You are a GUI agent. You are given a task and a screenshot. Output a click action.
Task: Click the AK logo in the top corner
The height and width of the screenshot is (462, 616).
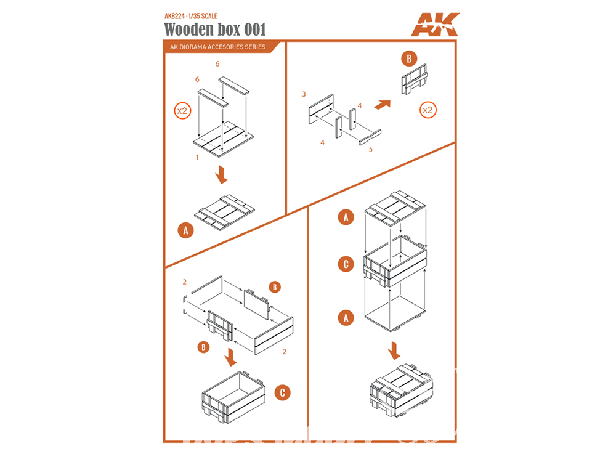click(436, 25)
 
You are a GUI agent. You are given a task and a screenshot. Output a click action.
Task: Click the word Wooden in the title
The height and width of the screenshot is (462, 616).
click(188, 30)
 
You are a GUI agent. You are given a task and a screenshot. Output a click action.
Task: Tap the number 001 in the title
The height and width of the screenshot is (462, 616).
click(255, 30)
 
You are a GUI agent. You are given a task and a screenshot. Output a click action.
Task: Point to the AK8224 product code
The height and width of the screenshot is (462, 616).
click(174, 16)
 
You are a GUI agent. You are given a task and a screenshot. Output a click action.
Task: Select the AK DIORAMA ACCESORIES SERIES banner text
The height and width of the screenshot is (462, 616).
click(217, 47)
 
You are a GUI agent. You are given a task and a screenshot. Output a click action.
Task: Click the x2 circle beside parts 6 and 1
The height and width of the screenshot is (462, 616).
click(182, 111)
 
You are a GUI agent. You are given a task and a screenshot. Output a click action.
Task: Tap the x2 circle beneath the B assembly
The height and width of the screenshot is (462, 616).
click(428, 110)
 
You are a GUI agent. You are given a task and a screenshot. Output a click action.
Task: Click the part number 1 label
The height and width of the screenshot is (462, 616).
click(197, 158)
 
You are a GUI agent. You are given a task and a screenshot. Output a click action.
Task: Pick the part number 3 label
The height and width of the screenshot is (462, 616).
click(304, 94)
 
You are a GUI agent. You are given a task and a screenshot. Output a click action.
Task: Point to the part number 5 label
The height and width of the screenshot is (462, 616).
click(370, 149)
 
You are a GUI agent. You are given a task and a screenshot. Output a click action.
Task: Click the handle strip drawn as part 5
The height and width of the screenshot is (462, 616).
click(370, 137)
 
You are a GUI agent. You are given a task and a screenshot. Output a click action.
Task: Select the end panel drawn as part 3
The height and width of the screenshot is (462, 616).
click(322, 109)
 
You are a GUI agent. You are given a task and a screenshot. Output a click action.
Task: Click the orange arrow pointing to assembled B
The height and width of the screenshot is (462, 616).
click(383, 105)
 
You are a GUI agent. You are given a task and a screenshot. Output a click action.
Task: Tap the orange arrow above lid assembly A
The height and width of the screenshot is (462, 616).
click(222, 174)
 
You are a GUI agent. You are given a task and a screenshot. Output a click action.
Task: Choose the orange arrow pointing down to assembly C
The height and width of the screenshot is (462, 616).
click(230, 357)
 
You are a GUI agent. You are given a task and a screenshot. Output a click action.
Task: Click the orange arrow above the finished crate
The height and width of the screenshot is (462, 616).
click(394, 351)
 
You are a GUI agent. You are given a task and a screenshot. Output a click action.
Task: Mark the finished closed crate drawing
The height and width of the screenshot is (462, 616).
click(401, 391)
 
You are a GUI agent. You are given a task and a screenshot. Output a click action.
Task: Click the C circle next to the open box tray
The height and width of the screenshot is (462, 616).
click(283, 393)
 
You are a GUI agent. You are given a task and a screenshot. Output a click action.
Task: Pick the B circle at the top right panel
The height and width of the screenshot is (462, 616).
click(409, 59)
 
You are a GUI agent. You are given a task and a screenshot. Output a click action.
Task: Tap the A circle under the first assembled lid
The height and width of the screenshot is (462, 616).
click(186, 230)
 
